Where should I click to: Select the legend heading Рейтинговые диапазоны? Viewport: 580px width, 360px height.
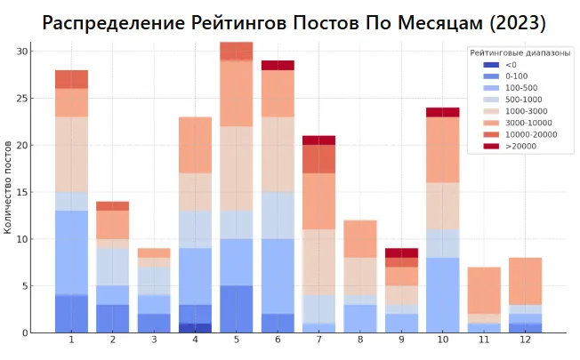[520, 53]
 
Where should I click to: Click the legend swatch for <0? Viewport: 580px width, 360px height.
[491, 65]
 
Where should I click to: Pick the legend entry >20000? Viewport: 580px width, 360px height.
[521, 146]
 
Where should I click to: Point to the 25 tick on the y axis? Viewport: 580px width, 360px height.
[23, 98]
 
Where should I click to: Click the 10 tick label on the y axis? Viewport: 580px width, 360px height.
[23, 239]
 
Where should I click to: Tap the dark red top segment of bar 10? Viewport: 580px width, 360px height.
[442, 112]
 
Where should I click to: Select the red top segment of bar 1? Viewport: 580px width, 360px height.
[71, 79]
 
